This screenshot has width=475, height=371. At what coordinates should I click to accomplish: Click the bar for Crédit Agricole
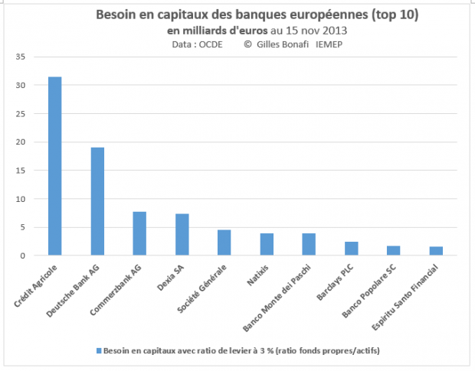pos(54,166)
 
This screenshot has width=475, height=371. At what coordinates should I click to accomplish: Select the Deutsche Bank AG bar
pos(97,201)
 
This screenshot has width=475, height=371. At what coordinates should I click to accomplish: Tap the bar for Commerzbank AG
pos(139,233)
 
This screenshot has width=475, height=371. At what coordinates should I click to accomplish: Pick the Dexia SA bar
pos(182,234)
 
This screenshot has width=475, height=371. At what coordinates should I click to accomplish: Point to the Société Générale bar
pos(224,242)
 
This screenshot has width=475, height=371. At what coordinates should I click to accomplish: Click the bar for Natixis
pos(266,244)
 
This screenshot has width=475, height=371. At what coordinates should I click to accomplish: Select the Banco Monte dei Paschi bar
pos(309,244)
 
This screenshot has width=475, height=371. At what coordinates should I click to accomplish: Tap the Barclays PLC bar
pos(351,249)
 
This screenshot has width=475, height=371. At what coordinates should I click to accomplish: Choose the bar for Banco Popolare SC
pos(393,250)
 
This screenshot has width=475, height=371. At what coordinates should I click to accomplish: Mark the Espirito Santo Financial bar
pos(435,251)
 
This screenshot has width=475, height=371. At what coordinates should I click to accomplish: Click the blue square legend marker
pos(98,350)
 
